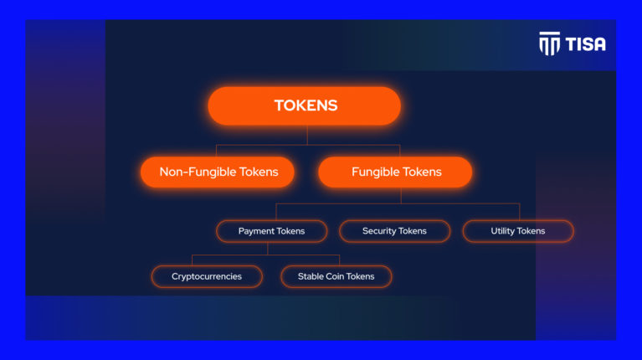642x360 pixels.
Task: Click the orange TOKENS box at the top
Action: (x=305, y=106)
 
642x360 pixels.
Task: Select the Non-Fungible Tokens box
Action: (x=217, y=172)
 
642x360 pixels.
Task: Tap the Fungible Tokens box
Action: (x=395, y=172)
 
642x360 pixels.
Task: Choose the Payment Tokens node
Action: (x=271, y=231)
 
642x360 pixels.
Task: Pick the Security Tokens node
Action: (x=394, y=231)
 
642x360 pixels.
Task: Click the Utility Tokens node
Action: (x=517, y=231)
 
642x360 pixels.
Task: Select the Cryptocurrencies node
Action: (x=207, y=276)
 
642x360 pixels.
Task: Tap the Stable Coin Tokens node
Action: (x=336, y=276)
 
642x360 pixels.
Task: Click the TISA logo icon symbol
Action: (x=549, y=44)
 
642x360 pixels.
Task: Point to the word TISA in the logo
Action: (x=585, y=44)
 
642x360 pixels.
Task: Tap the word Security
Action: (x=379, y=231)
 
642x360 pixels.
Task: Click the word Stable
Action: (x=311, y=276)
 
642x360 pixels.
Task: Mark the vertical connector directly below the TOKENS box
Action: (x=307, y=135)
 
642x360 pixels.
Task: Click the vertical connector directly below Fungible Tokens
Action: (x=400, y=195)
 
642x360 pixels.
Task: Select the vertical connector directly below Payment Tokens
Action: (x=268, y=249)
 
